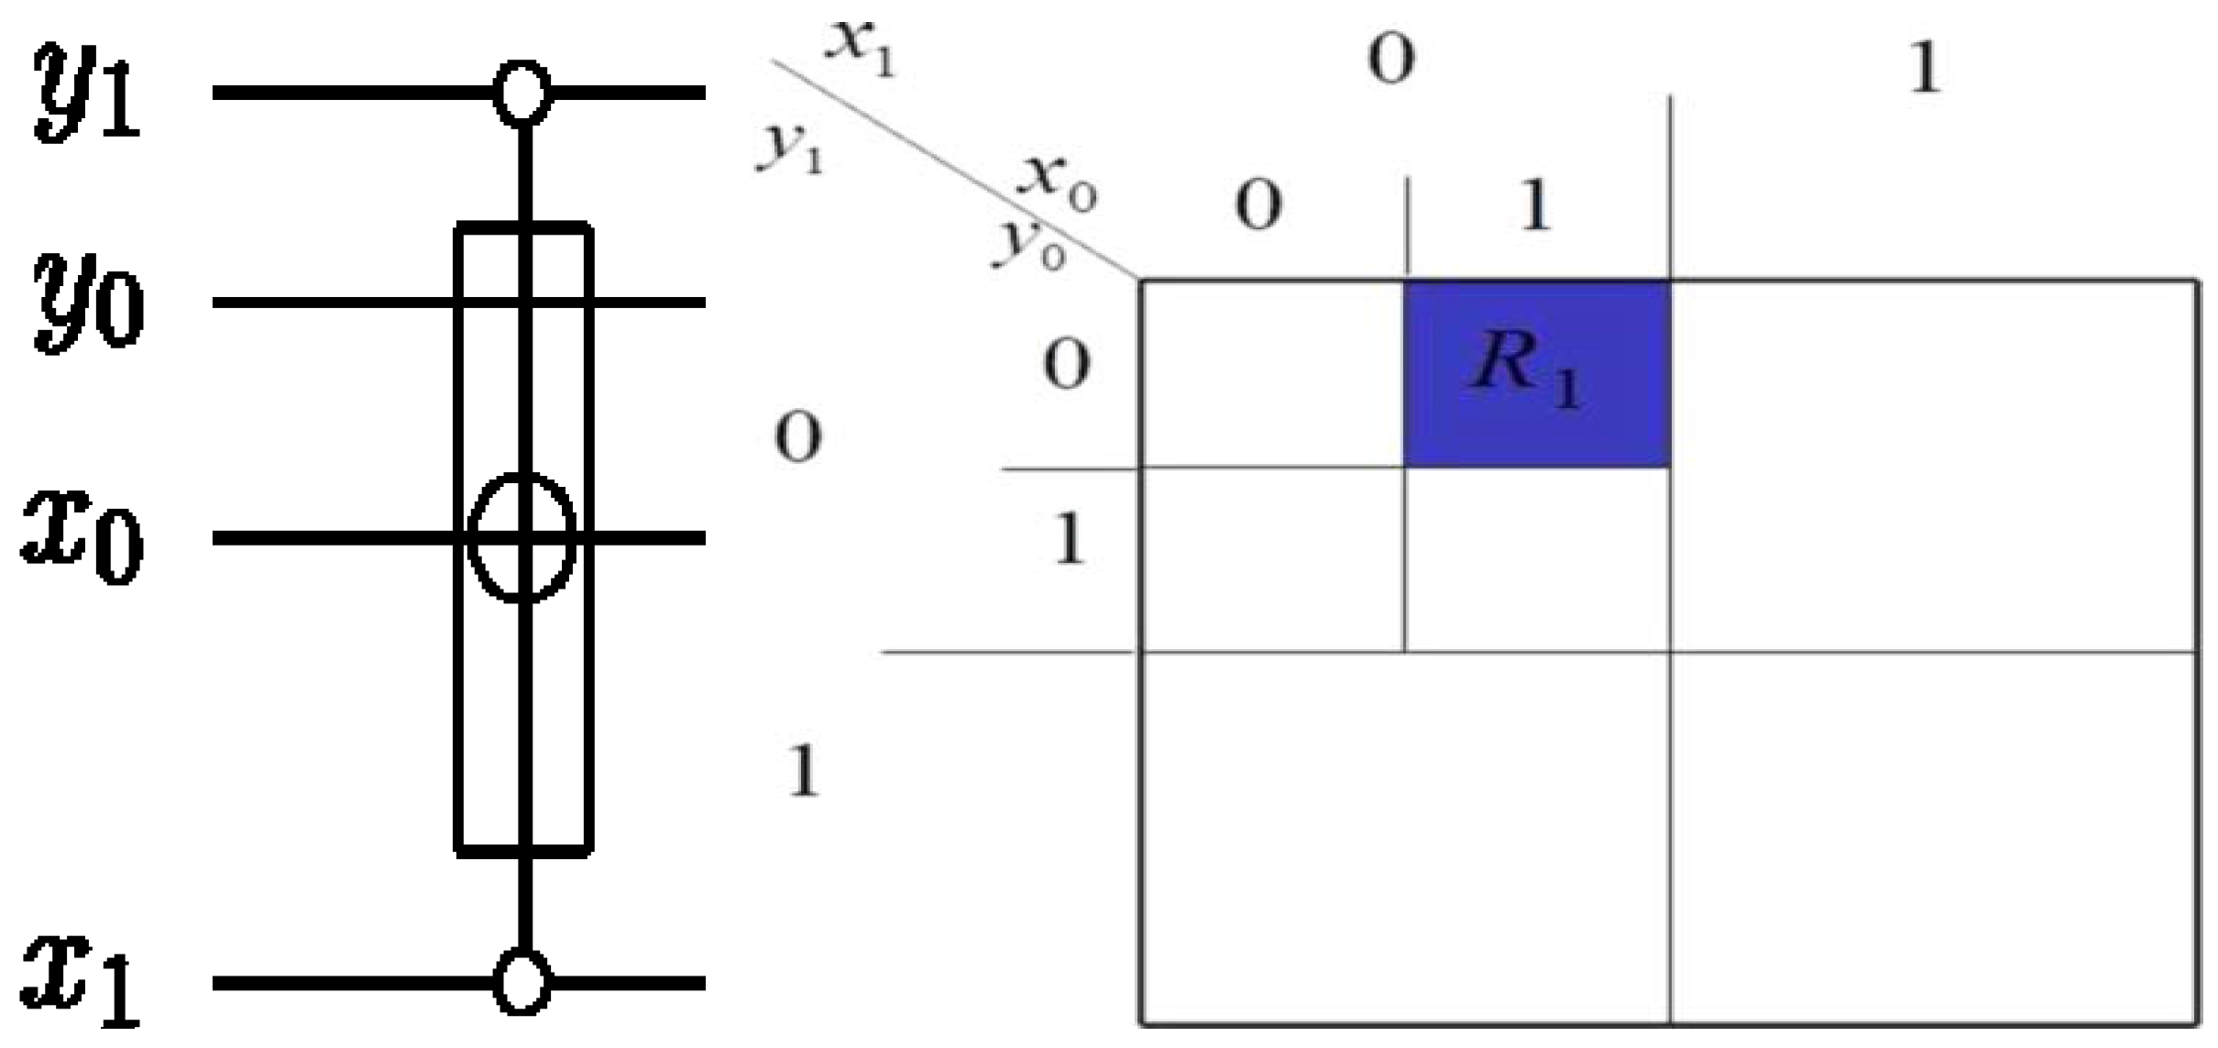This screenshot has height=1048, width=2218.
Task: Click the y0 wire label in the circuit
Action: (x=89, y=303)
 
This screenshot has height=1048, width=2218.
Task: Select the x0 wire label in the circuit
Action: (x=82, y=538)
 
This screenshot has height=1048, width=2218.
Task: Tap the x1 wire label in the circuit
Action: (x=82, y=981)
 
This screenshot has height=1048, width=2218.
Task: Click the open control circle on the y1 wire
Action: (x=522, y=93)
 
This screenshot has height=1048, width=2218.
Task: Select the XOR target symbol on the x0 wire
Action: (x=522, y=538)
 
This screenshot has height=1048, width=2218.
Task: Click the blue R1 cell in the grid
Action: (x=1536, y=373)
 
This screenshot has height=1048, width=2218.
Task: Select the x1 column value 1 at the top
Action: (x=1925, y=69)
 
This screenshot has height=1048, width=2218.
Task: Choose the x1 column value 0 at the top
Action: (x=1390, y=60)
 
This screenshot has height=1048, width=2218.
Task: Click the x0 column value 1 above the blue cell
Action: (x=1535, y=206)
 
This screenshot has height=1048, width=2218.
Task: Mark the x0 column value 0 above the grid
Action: (x=1257, y=206)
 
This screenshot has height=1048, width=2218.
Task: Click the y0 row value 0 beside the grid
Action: (x=1066, y=365)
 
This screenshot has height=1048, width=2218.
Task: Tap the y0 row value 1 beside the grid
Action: (x=1069, y=539)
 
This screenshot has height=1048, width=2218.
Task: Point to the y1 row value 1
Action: (x=803, y=770)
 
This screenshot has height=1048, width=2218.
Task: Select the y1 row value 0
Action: (x=797, y=437)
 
